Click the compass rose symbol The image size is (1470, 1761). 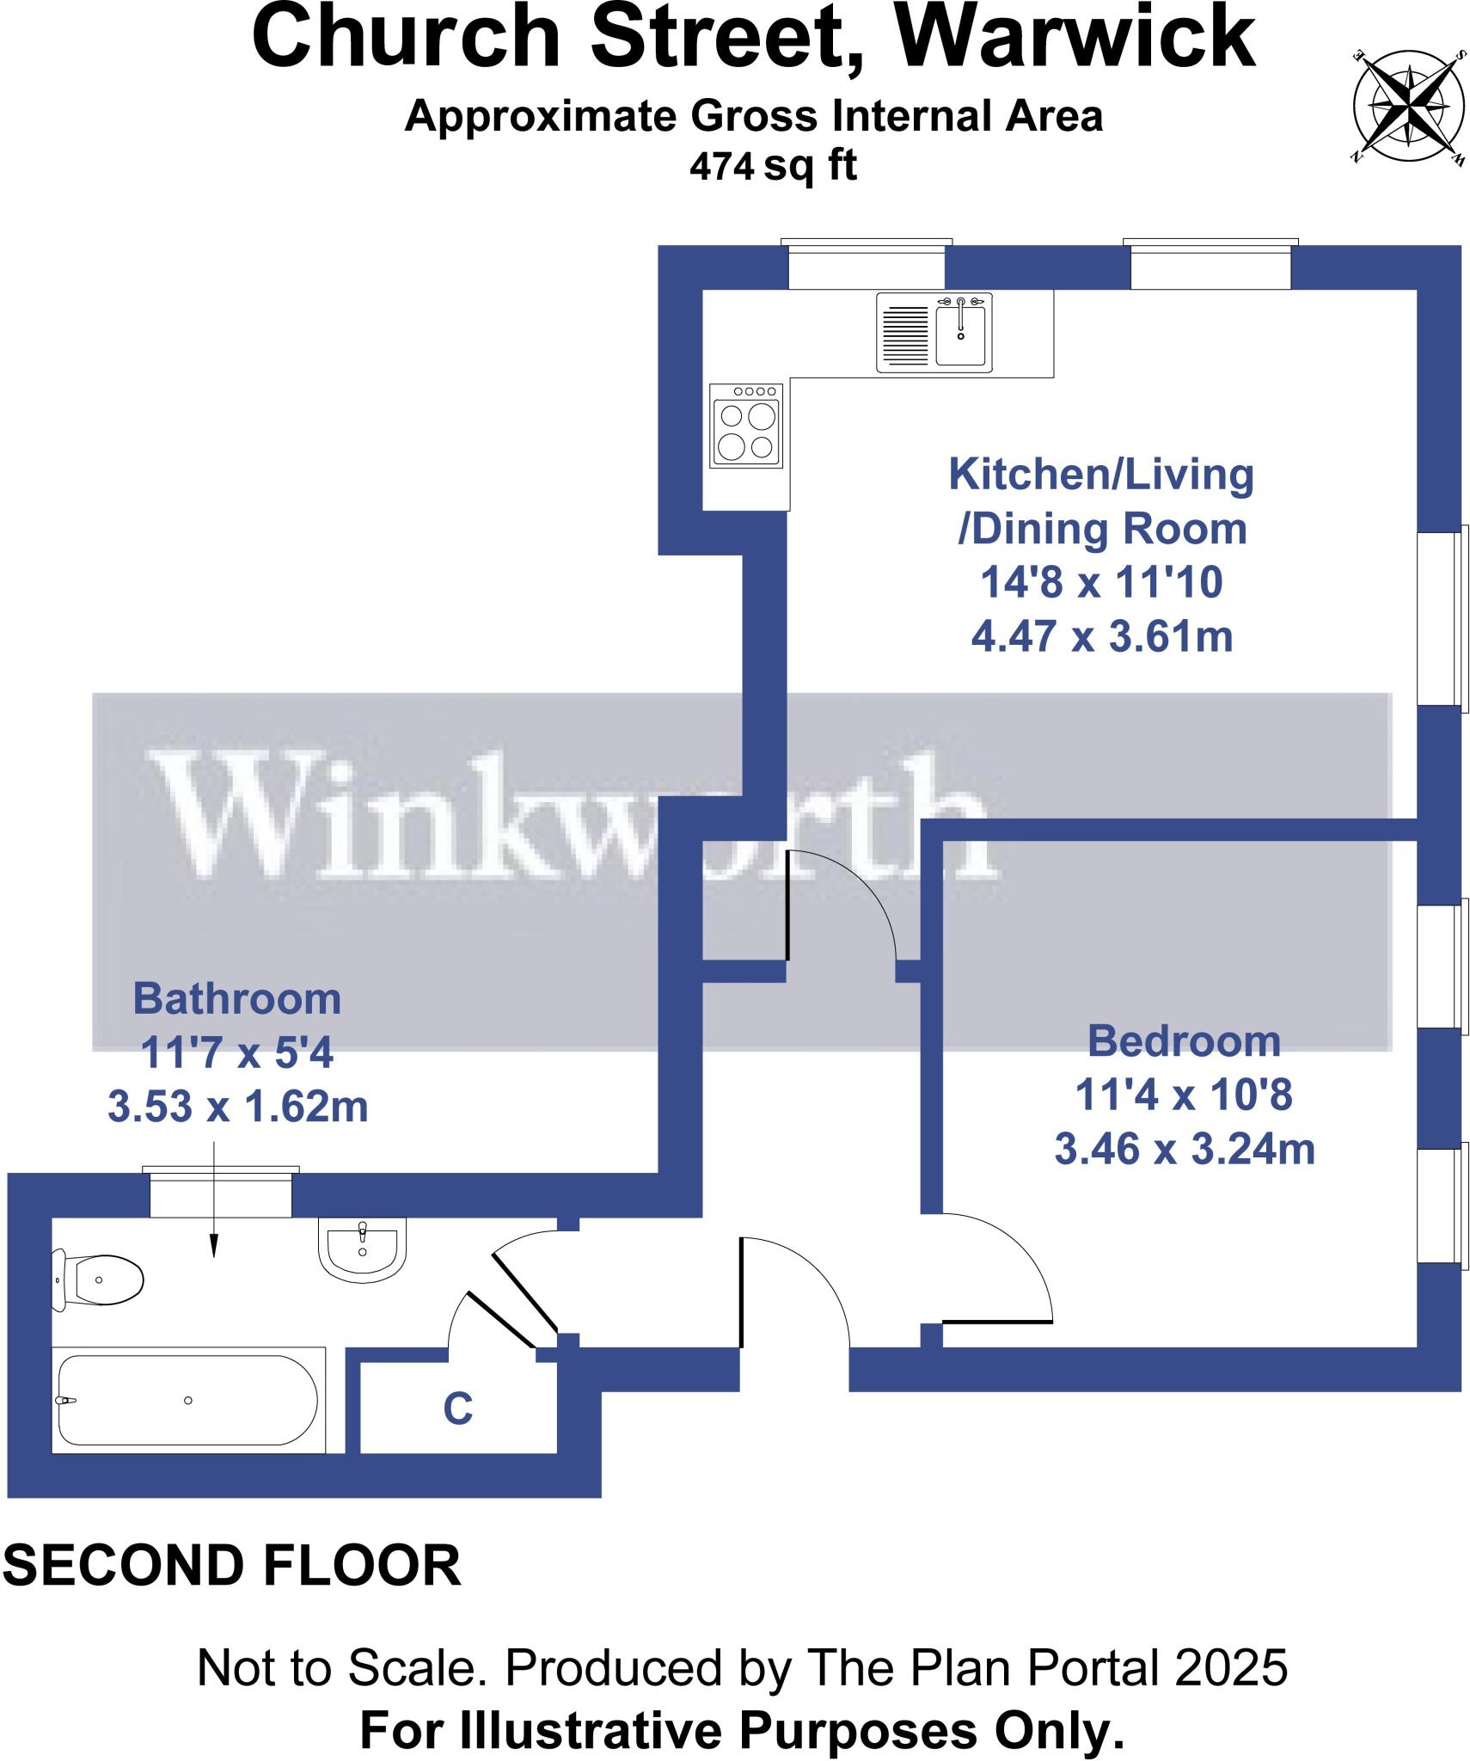coord(1408,107)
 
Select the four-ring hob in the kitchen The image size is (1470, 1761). coord(746,426)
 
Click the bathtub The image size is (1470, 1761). coord(187,1400)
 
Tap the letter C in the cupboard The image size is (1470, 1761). coord(457,1409)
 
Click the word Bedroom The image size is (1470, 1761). coord(1184,1041)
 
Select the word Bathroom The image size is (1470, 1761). coord(236,999)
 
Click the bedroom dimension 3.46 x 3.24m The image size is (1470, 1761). coord(1184,1150)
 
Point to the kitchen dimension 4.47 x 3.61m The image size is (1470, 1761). coord(1101,637)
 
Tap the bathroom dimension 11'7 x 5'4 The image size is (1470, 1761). coord(236,1052)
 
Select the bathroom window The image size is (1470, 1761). coord(221,1193)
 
